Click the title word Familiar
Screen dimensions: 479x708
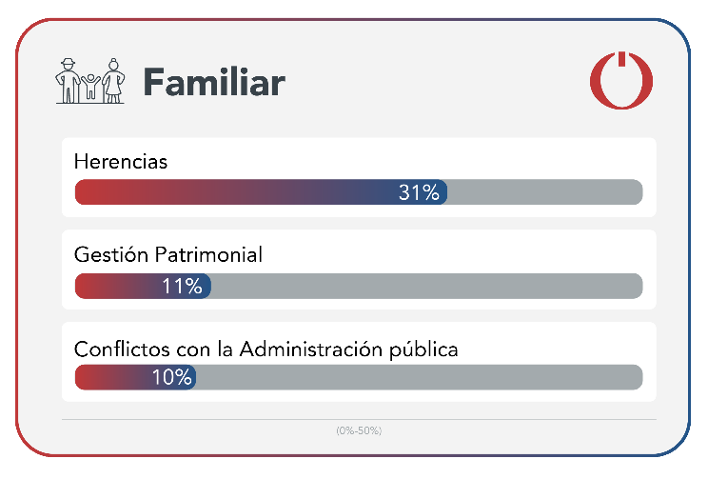point(214,82)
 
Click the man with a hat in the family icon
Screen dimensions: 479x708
point(68,80)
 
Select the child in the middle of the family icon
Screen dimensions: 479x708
point(90,86)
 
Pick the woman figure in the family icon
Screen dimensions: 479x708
point(114,80)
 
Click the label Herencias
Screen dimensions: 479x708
point(120,161)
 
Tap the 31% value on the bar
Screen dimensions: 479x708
point(419,192)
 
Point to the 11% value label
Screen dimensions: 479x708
point(182,286)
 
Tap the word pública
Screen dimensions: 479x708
point(425,349)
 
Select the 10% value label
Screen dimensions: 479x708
point(172,377)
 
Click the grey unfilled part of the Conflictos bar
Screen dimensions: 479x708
point(419,377)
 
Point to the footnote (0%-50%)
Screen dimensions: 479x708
point(359,430)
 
